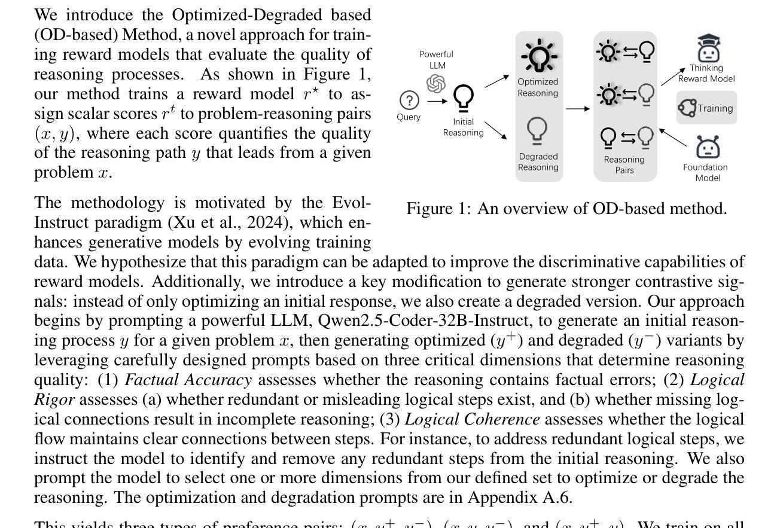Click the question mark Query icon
coord(409,100)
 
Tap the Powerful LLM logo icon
coord(436,83)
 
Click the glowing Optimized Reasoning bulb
coord(538,56)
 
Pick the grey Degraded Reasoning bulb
coord(538,131)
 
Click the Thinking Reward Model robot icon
coord(708,48)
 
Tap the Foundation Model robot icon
coord(708,147)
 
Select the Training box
coord(706,108)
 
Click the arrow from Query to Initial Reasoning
coord(437,101)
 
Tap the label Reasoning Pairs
coord(624,164)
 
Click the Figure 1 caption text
coord(566,209)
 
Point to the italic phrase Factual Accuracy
coord(188,380)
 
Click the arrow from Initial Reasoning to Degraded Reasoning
coord(496,131)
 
